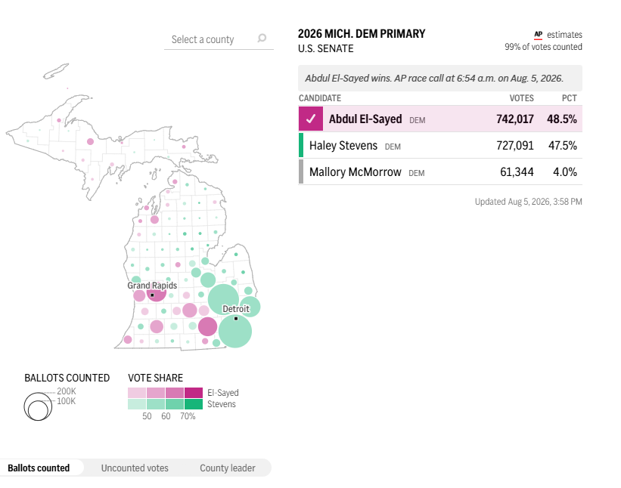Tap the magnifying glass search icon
[262, 38]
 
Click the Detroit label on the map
[236, 309]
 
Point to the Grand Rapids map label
[152, 286]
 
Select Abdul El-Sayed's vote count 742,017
[515, 119]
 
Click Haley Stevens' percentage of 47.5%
[563, 146]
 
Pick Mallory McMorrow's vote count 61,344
[517, 172]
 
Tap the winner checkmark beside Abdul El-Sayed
[311, 119]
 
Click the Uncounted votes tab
[135, 468]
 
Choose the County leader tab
[228, 468]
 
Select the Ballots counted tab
[39, 468]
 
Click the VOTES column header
[522, 98]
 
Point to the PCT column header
[569, 98]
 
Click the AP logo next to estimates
[539, 35]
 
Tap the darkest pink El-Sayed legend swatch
[194, 393]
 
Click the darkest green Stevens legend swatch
[194, 404]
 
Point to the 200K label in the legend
[67, 391]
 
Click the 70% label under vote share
[188, 416]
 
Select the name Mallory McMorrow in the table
[356, 172]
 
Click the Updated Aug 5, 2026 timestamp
[528, 202]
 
